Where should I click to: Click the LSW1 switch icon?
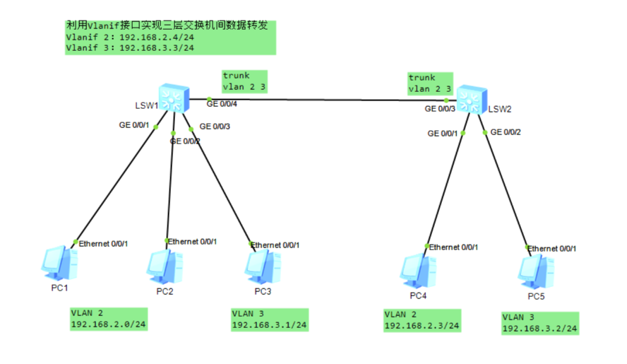point(174,98)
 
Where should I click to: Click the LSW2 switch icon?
point(472,100)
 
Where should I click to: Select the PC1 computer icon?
point(59,264)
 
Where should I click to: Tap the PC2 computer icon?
point(165,267)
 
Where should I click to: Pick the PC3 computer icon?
point(263,267)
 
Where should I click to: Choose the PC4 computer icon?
point(418,271)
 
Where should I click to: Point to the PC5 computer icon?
point(536,272)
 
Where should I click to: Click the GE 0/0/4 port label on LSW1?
point(222,104)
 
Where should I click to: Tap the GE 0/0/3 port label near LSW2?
point(440,109)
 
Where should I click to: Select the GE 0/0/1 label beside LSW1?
point(134,125)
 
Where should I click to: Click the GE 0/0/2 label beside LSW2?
point(506,132)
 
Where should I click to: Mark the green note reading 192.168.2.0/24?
point(108,319)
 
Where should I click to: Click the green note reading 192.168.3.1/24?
point(270,319)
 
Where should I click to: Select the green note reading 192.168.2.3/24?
point(422,321)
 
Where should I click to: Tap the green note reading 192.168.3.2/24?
point(540,323)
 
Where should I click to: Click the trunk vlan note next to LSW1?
point(245,82)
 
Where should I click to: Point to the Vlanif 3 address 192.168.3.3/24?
point(157,48)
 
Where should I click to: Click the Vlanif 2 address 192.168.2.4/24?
point(157,37)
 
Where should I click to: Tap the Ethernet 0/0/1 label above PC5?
point(552,249)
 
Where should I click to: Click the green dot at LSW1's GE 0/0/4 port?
point(209,100)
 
